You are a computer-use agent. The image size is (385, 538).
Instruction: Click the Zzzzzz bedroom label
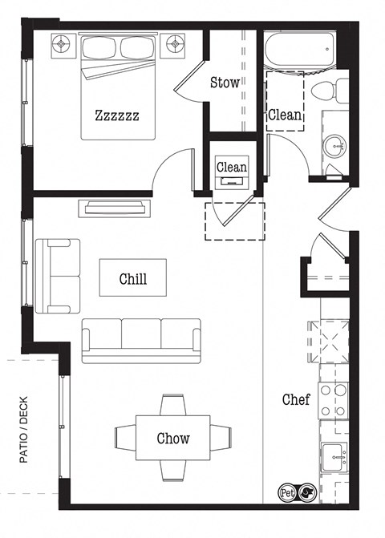[117, 115]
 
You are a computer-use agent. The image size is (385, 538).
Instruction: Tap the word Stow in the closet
[225, 83]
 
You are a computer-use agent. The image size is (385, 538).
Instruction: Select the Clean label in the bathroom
[285, 115]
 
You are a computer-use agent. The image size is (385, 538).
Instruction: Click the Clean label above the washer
[232, 167]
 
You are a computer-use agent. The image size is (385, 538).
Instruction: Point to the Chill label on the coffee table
[132, 279]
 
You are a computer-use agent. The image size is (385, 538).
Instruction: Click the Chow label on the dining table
[173, 438]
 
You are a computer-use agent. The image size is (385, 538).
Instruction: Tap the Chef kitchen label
[295, 399]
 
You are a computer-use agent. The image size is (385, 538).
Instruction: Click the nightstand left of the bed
[62, 46]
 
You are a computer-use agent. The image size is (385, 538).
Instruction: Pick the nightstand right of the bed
[175, 46]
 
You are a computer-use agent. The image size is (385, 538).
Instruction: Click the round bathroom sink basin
[335, 146]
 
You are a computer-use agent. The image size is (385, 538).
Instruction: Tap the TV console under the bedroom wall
[112, 208]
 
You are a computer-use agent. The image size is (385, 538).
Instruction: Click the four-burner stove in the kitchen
[333, 400]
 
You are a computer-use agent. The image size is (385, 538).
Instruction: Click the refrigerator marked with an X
[332, 341]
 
